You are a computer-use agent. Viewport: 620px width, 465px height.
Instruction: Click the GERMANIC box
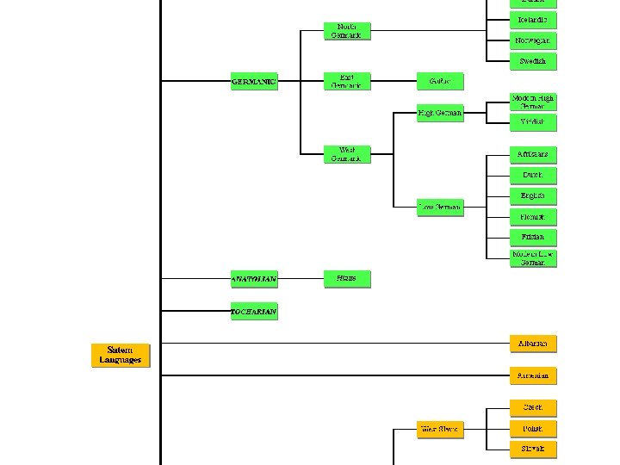tap(254, 83)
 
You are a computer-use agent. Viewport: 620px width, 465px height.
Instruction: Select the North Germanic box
tap(347, 31)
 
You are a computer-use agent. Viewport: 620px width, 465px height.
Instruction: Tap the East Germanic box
tap(347, 81)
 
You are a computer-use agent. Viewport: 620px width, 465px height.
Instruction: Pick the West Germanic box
tap(347, 155)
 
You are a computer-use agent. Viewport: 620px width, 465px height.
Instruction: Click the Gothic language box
tap(440, 81)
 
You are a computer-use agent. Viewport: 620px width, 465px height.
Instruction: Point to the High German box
tap(440, 113)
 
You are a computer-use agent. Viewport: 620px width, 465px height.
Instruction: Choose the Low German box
tap(440, 207)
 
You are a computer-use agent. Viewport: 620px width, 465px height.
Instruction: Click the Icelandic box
tap(533, 20)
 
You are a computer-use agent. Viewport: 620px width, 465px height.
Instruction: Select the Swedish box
tap(533, 61)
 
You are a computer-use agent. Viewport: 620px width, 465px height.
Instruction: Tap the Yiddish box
tap(533, 122)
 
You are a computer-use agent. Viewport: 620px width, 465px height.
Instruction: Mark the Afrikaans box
tap(533, 154)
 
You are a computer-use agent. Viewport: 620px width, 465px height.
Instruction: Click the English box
tap(533, 195)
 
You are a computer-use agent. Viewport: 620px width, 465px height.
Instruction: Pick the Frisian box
tap(533, 236)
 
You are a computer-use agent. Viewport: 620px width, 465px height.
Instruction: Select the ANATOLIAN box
tap(254, 279)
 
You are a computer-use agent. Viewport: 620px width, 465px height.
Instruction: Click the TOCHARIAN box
tap(254, 311)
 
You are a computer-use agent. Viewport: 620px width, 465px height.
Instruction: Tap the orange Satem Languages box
tap(121, 355)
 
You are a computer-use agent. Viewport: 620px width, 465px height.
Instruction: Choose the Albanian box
tap(533, 344)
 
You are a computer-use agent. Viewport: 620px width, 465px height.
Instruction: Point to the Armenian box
tap(533, 376)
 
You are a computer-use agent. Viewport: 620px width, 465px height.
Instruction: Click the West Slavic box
tap(440, 428)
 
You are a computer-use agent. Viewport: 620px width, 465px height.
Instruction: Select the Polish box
tap(533, 428)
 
